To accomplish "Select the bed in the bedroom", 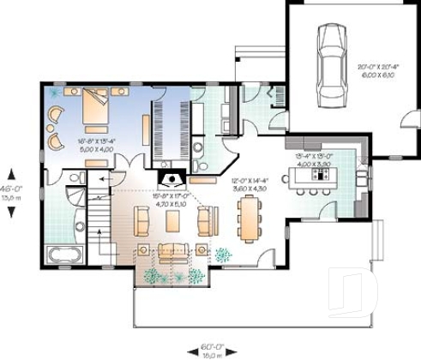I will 94,110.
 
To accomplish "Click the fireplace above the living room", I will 171,178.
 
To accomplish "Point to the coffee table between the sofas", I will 173,221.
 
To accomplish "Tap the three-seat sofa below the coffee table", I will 173,250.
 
